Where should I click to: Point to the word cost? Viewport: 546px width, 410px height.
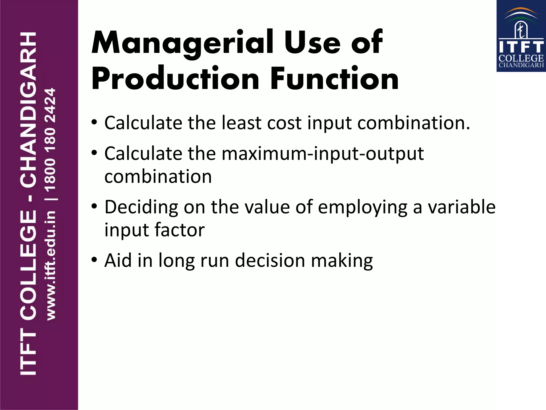click(x=284, y=123)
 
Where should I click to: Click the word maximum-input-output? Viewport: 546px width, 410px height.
click(x=323, y=154)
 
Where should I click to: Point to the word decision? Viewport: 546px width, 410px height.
click(x=270, y=261)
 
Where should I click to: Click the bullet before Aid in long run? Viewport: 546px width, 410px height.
click(x=94, y=260)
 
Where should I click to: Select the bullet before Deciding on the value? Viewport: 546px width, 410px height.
click(x=94, y=206)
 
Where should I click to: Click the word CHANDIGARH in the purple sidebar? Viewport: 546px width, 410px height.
click(x=28, y=110)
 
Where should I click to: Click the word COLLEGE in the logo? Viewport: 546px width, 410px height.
click(x=521, y=58)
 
